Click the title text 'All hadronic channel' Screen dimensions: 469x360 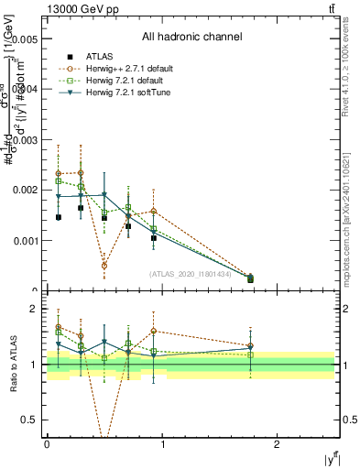click(191, 38)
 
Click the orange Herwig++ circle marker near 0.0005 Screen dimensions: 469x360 click(104, 266)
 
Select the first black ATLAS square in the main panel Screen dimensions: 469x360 click(59, 217)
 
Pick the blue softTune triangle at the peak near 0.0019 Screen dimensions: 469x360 click(104, 194)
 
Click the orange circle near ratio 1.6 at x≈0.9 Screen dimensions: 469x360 click(153, 331)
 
